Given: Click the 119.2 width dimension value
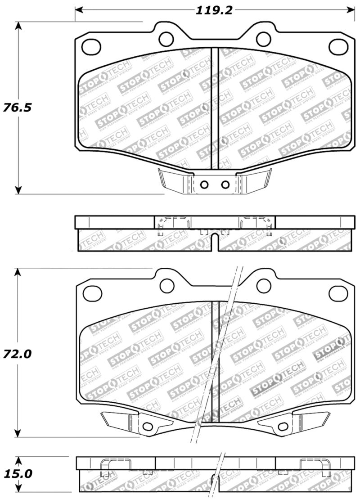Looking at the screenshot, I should point(214,10).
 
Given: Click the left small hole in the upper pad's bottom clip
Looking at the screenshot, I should point(204,184).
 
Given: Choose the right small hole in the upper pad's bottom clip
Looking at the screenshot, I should point(225,184).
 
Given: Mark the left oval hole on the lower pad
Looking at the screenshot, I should point(92,293).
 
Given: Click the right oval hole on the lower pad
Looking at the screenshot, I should point(338,293).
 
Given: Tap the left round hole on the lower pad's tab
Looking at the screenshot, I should point(167,284).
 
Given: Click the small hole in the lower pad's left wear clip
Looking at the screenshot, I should point(146,427).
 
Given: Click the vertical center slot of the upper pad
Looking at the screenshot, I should point(215,108).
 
